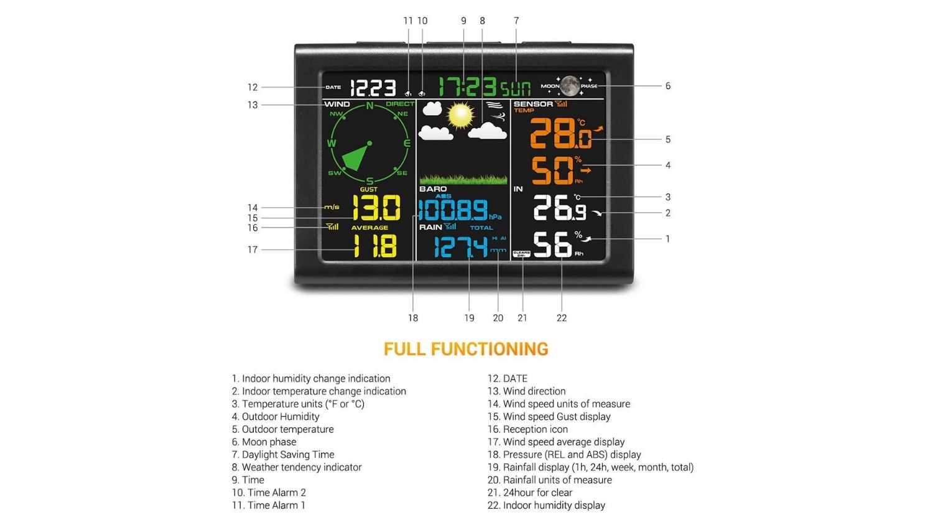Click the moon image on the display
[569, 86]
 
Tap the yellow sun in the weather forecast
[461, 115]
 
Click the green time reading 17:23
[467, 87]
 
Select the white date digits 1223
[373, 88]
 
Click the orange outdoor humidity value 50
[552, 170]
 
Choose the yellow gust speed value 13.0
[376, 208]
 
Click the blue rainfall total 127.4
[461, 247]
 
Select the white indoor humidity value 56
[552, 244]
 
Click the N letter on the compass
[369, 106]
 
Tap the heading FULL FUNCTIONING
[466, 349]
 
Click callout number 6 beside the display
[668, 86]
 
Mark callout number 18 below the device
[413, 318]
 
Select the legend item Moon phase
[269, 442]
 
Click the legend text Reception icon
[535, 429]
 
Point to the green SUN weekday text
[516, 88]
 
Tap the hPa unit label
[495, 217]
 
